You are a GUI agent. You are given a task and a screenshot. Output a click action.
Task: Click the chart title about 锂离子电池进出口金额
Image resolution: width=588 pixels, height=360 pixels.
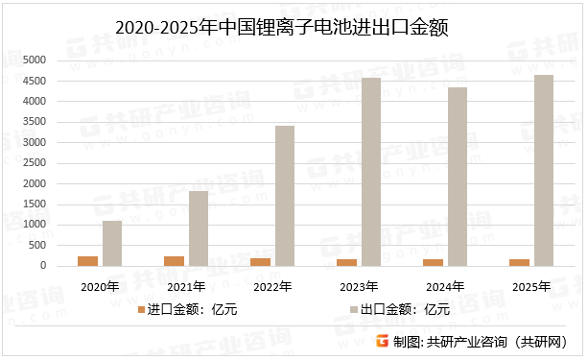pyautogui.click(x=294, y=29)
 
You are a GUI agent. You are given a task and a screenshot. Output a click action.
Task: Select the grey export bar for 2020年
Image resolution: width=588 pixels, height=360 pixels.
pyautogui.click(x=112, y=244)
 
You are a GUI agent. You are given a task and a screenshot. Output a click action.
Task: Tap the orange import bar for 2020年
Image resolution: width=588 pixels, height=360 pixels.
pyautogui.click(x=88, y=261)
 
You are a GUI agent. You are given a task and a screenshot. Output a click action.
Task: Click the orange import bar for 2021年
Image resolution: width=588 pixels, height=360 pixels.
pyautogui.click(x=175, y=261)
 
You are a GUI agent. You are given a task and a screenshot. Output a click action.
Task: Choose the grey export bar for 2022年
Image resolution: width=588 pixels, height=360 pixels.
pyautogui.click(x=285, y=196)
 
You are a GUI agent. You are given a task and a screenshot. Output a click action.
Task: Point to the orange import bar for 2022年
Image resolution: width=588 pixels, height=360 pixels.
pyautogui.click(x=261, y=262)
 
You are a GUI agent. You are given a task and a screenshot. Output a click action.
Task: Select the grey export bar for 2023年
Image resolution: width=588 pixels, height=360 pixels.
pyautogui.click(x=371, y=172)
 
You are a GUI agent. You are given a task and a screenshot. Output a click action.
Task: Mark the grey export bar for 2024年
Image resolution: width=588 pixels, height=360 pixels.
pyautogui.click(x=458, y=177)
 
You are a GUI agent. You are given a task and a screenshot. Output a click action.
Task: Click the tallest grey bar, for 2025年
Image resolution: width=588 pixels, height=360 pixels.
pyautogui.click(x=544, y=171)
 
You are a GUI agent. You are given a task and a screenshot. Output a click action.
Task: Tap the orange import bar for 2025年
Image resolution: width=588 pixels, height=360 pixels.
pyautogui.click(x=520, y=263)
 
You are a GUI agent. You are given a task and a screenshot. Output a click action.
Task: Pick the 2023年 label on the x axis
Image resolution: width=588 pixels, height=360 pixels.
pyautogui.click(x=359, y=286)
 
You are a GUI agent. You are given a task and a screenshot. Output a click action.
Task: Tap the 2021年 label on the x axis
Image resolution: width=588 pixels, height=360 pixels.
pyautogui.click(x=186, y=286)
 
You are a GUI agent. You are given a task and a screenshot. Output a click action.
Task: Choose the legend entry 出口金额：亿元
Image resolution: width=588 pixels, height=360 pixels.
pyautogui.click(x=404, y=310)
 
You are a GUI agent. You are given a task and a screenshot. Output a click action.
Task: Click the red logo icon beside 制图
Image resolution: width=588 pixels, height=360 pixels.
pyautogui.click(x=383, y=341)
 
